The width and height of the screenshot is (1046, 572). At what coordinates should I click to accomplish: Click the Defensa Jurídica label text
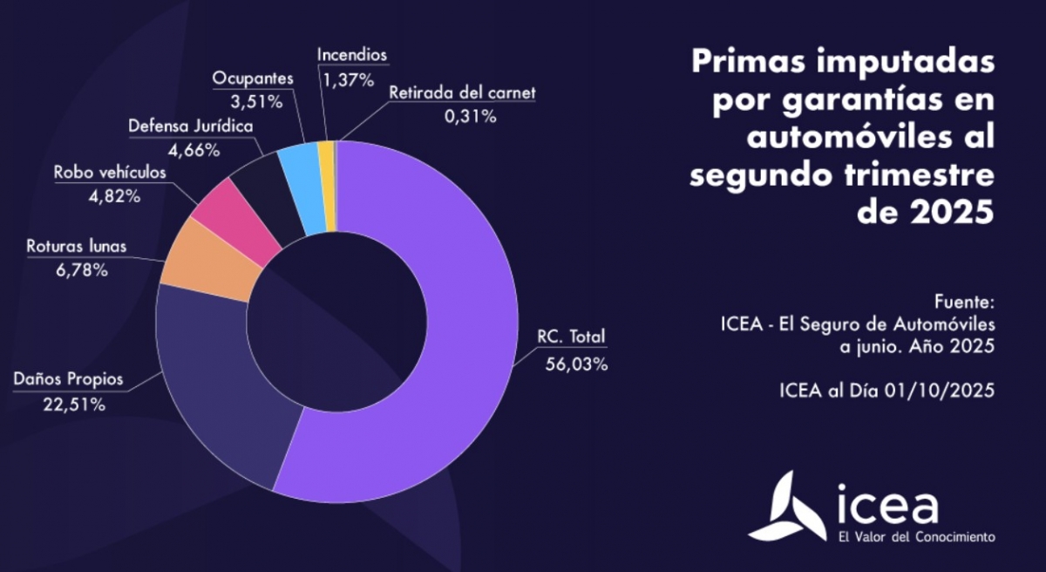(191, 126)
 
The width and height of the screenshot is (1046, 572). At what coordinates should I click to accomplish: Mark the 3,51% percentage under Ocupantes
(254, 102)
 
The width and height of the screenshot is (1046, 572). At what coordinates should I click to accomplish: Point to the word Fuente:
(963, 303)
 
